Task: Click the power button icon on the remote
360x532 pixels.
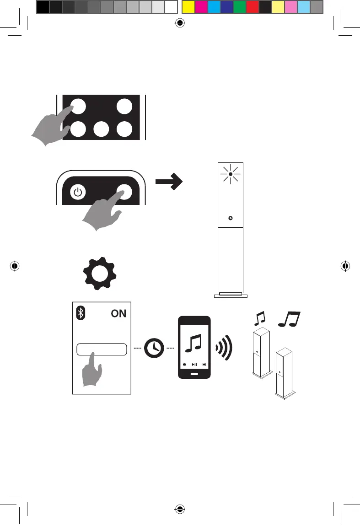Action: (x=78, y=193)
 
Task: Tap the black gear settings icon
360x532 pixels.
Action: (x=100, y=274)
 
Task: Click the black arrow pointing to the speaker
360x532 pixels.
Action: (x=168, y=182)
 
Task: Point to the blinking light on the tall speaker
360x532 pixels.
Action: (x=231, y=174)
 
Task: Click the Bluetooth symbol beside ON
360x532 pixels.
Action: (x=80, y=313)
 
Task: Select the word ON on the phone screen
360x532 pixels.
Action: (x=118, y=314)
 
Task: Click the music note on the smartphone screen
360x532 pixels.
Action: (x=194, y=343)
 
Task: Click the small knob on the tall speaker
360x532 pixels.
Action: (x=231, y=218)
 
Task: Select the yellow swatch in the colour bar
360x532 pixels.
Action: (x=188, y=6)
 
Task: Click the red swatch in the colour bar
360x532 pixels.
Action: (x=252, y=6)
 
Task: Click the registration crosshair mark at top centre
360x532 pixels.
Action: (x=180, y=24)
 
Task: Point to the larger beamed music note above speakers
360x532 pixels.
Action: (x=289, y=317)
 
